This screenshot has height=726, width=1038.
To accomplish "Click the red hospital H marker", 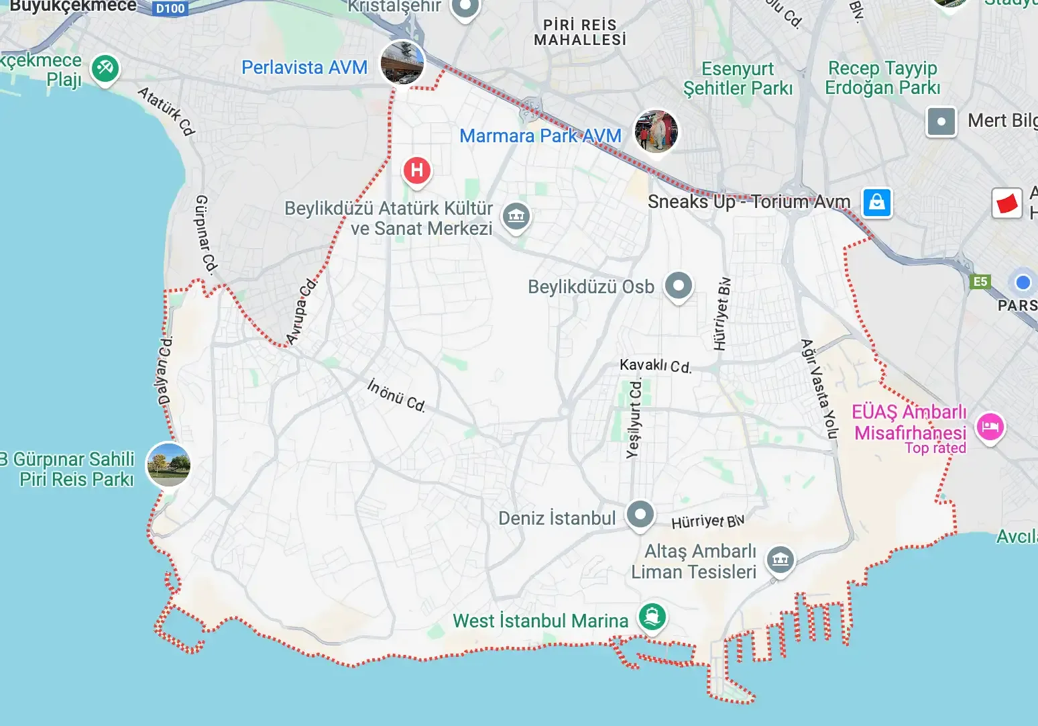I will (416, 170).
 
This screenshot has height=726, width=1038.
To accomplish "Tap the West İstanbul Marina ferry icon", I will (652, 616).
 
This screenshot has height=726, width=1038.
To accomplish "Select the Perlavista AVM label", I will (304, 68).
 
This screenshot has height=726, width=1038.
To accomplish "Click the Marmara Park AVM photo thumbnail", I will (656, 131).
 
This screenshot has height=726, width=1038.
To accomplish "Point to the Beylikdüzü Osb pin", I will (679, 286).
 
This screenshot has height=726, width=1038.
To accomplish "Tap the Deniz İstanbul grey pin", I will (640, 515).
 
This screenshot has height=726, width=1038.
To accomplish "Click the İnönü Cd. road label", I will (396, 395).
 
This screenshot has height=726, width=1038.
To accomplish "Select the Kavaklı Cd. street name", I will (655, 366).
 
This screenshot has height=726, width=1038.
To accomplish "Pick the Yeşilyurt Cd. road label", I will (634, 418).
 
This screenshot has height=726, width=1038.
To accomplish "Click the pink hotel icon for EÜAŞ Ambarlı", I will (990, 427).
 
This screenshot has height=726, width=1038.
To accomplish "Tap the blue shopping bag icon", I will (876, 202).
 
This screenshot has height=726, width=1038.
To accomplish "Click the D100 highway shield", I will (170, 9).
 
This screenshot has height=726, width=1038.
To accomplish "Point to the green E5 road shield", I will (980, 282).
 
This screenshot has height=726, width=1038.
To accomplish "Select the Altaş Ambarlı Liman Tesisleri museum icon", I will (780, 560).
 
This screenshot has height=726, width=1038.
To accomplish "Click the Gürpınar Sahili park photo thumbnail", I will (168, 464).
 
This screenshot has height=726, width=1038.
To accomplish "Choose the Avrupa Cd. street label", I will (301, 311).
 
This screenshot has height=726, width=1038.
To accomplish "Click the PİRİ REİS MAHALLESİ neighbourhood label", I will (580, 32).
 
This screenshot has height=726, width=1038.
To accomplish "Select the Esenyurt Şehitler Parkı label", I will (738, 79).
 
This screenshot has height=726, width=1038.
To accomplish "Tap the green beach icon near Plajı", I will (105, 68).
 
